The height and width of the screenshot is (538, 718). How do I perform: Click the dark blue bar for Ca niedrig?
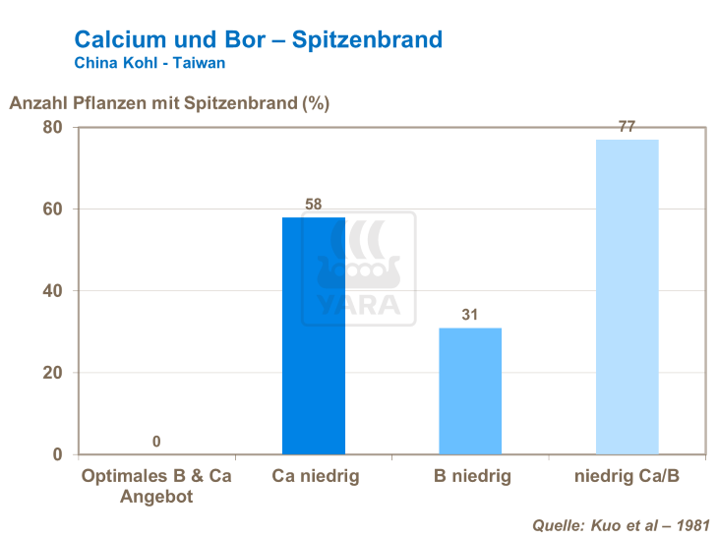pos(314,335)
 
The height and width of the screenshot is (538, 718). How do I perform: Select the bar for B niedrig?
pos(470,390)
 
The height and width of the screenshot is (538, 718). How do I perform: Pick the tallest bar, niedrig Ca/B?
pos(627,296)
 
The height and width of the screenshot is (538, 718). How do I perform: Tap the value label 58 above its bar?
pos(314,205)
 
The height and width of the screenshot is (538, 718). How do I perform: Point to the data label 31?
pos(470,315)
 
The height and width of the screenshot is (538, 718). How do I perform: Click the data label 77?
pos(627,127)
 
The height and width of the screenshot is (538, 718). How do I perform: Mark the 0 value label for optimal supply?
pos(156,442)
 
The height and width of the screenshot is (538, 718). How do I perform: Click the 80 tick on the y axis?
pos(52,128)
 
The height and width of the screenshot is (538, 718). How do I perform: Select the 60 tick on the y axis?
pos(52,209)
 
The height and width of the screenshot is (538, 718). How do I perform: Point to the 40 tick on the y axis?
pos(52,291)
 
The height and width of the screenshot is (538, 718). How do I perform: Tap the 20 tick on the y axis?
pos(52,373)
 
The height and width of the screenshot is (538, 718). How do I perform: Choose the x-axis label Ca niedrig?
pos(315,477)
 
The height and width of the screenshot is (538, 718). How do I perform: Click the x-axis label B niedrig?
pos(472,477)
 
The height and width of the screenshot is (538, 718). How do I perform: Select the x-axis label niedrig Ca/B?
pos(627,477)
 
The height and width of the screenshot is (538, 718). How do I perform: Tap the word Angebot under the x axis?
pos(156,497)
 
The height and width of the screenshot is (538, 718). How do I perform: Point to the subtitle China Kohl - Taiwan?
pos(150,62)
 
